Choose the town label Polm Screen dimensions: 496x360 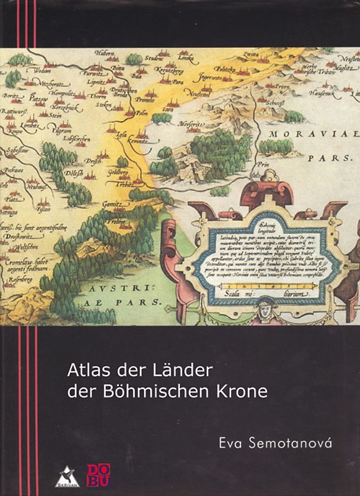(x=141, y=113)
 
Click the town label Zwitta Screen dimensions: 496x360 (x=250, y=55)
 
